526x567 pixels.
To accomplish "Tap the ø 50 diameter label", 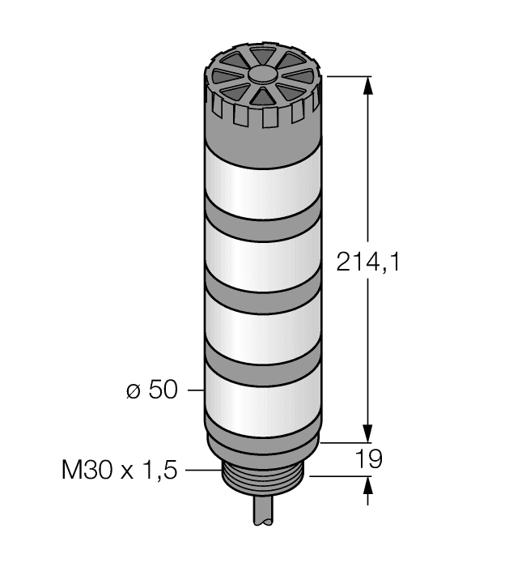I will pyautogui.click(x=151, y=390).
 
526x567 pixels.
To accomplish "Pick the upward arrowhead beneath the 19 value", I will pyautogui.click(x=369, y=485).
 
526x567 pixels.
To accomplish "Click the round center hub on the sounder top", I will pyautogui.click(x=262, y=75).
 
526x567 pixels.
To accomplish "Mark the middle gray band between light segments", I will pyautogui.click(x=262, y=288).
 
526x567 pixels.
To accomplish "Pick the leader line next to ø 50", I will pyautogui.click(x=194, y=390).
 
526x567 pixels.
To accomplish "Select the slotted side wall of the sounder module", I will pyautogui.click(x=262, y=117).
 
